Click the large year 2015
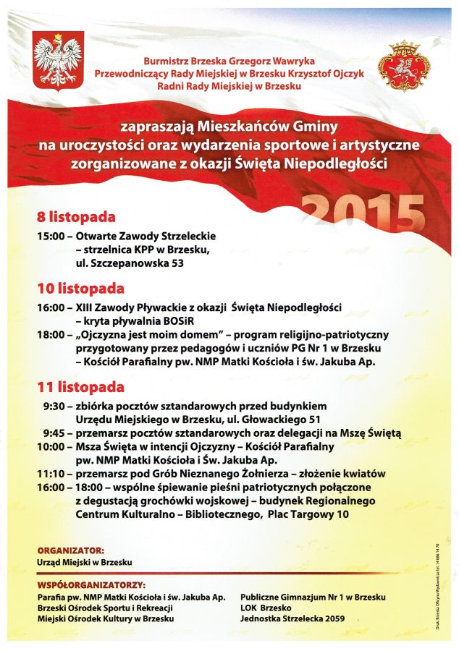tap(362, 215)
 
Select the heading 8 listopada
tap(76, 217)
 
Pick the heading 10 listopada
tap(80, 289)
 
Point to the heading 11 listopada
tap(80, 387)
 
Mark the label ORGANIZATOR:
tap(70, 550)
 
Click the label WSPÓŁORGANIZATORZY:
tap(90, 584)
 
